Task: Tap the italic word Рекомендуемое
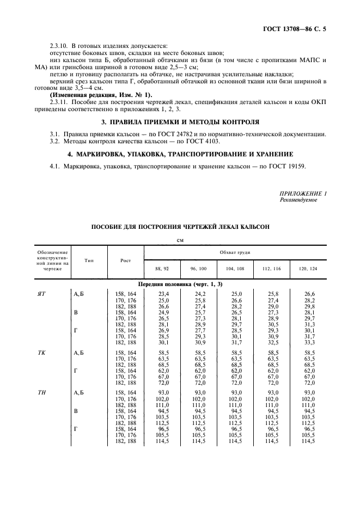click(298, 200)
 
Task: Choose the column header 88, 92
click(163, 269)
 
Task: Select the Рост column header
click(126, 260)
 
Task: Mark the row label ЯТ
click(41, 294)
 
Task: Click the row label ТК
click(41, 353)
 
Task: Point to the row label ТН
click(41, 392)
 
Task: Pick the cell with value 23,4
click(163, 294)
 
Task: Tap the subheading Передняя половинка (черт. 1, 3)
click(180, 284)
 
